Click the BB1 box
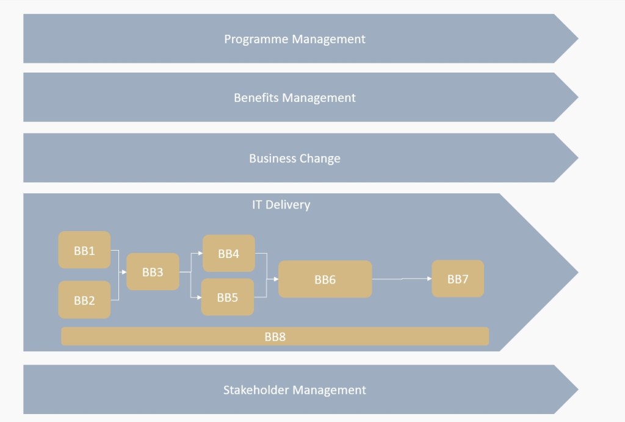(x=84, y=250)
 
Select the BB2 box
(x=84, y=300)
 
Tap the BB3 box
(x=153, y=272)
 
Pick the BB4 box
(x=228, y=254)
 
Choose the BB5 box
(x=228, y=298)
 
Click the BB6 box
(x=325, y=279)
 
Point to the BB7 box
(x=458, y=279)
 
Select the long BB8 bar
(x=275, y=336)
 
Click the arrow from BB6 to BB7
(x=402, y=279)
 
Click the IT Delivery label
(x=281, y=204)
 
